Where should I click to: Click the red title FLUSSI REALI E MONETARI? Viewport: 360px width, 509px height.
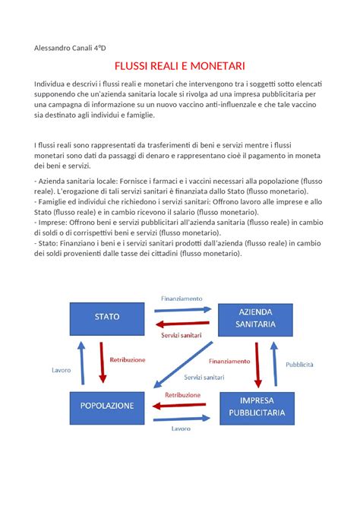tap(179, 67)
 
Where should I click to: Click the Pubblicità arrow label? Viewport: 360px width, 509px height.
tap(299, 365)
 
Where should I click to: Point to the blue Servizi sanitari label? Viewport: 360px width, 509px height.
tap(204, 378)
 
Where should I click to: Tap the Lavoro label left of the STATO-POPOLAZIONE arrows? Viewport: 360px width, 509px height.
tap(62, 370)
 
